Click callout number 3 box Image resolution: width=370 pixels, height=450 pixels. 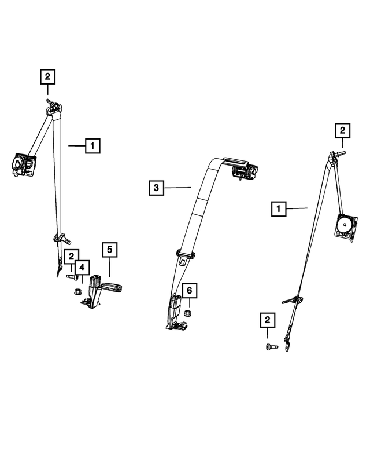coord(156,188)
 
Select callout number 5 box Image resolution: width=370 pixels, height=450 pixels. coord(110,250)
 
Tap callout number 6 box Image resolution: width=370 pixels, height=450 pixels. coord(190,291)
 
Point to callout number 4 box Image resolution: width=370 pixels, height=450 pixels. coord(82,268)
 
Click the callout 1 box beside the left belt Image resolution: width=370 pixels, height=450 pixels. coord(92,146)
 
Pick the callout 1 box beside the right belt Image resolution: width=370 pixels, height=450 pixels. coord(279,208)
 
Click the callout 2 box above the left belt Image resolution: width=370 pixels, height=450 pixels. coord(47,76)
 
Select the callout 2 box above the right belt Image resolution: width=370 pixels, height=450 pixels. coord(343,130)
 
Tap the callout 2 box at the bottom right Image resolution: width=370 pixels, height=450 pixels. coord(268,320)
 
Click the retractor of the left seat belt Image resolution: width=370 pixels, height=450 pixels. coord(23,165)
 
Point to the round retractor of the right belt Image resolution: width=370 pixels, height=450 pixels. coord(346,226)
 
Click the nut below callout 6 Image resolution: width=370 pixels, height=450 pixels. coord(187,313)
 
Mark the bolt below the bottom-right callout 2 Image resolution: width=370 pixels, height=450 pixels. coord(272,347)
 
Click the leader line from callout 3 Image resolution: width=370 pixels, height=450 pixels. coord(177,188)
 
